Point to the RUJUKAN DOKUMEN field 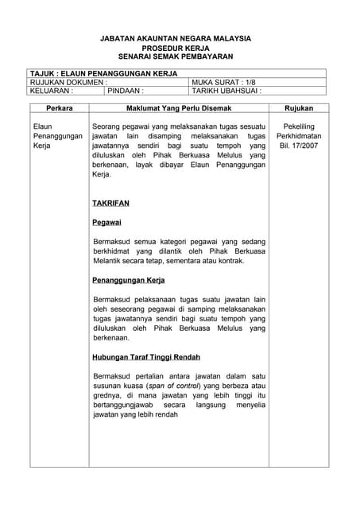pyautogui.click(x=68, y=82)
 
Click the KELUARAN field pyautogui.click(x=52, y=91)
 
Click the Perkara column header pyautogui.click(x=60, y=108)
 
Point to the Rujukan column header pyautogui.click(x=298, y=108)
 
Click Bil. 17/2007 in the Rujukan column pyautogui.click(x=298, y=147)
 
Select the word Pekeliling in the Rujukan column pyautogui.click(x=298, y=126)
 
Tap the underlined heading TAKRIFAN pyautogui.click(x=110, y=203)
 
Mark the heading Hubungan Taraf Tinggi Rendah pyautogui.click(x=146, y=357)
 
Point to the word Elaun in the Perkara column pyautogui.click(x=43, y=126)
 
